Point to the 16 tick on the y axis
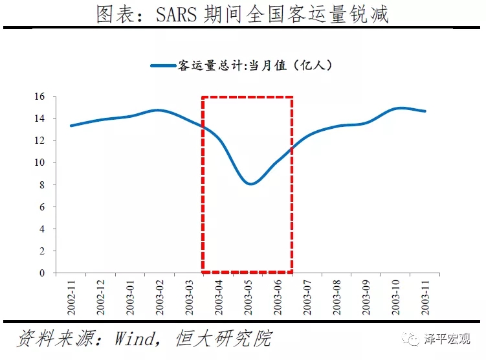click(x=40, y=96)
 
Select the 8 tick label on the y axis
click(x=42, y=185)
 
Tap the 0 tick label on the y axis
click(x=42, y=273)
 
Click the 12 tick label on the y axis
click(x=40, y=141)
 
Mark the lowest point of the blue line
click(x=250, y=184)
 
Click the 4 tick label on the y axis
click(x=42, y=229)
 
